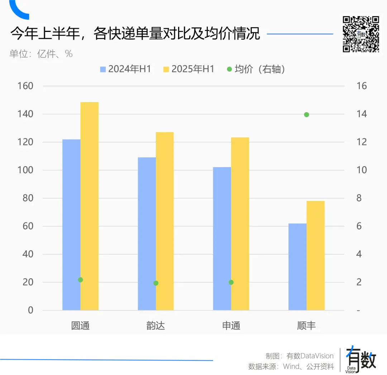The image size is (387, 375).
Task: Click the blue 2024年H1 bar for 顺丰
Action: pos(297,267)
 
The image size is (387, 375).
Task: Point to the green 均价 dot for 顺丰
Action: pos(306,115)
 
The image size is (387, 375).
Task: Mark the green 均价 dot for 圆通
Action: pos(80,280)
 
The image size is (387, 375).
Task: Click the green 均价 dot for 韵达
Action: pos(156,283)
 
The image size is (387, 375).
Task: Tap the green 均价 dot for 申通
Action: pos(231,282)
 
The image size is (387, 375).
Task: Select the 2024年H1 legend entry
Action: pos(125,69)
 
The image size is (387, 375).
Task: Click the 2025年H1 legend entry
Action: pos(188,69)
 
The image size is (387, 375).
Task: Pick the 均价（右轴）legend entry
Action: pos(256,69)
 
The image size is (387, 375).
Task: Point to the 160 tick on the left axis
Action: pos(25,86)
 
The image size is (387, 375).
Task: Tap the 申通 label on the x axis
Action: pos(231,326)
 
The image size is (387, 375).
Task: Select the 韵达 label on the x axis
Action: pos(156,326)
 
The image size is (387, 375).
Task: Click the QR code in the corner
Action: pos(360,34)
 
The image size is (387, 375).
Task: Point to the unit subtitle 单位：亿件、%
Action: pos(41,54)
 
